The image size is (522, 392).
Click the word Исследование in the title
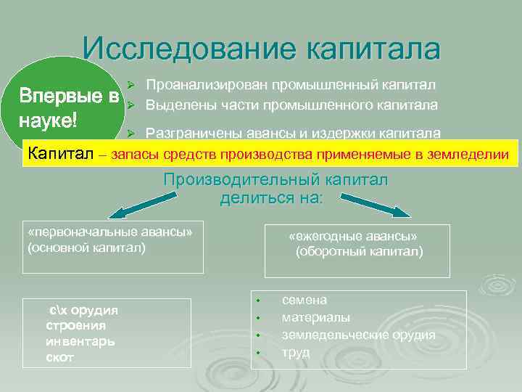[190, 49]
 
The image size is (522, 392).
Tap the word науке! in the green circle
[49, 120]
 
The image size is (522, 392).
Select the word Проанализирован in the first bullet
[206, 86]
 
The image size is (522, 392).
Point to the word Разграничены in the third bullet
[188, 133]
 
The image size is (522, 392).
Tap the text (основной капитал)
[86, 248]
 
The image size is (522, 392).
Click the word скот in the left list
[59, 357]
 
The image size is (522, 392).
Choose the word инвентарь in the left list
[80, 341]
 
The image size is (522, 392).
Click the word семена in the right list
[304, 300]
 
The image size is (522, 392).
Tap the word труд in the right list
[296, 352]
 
